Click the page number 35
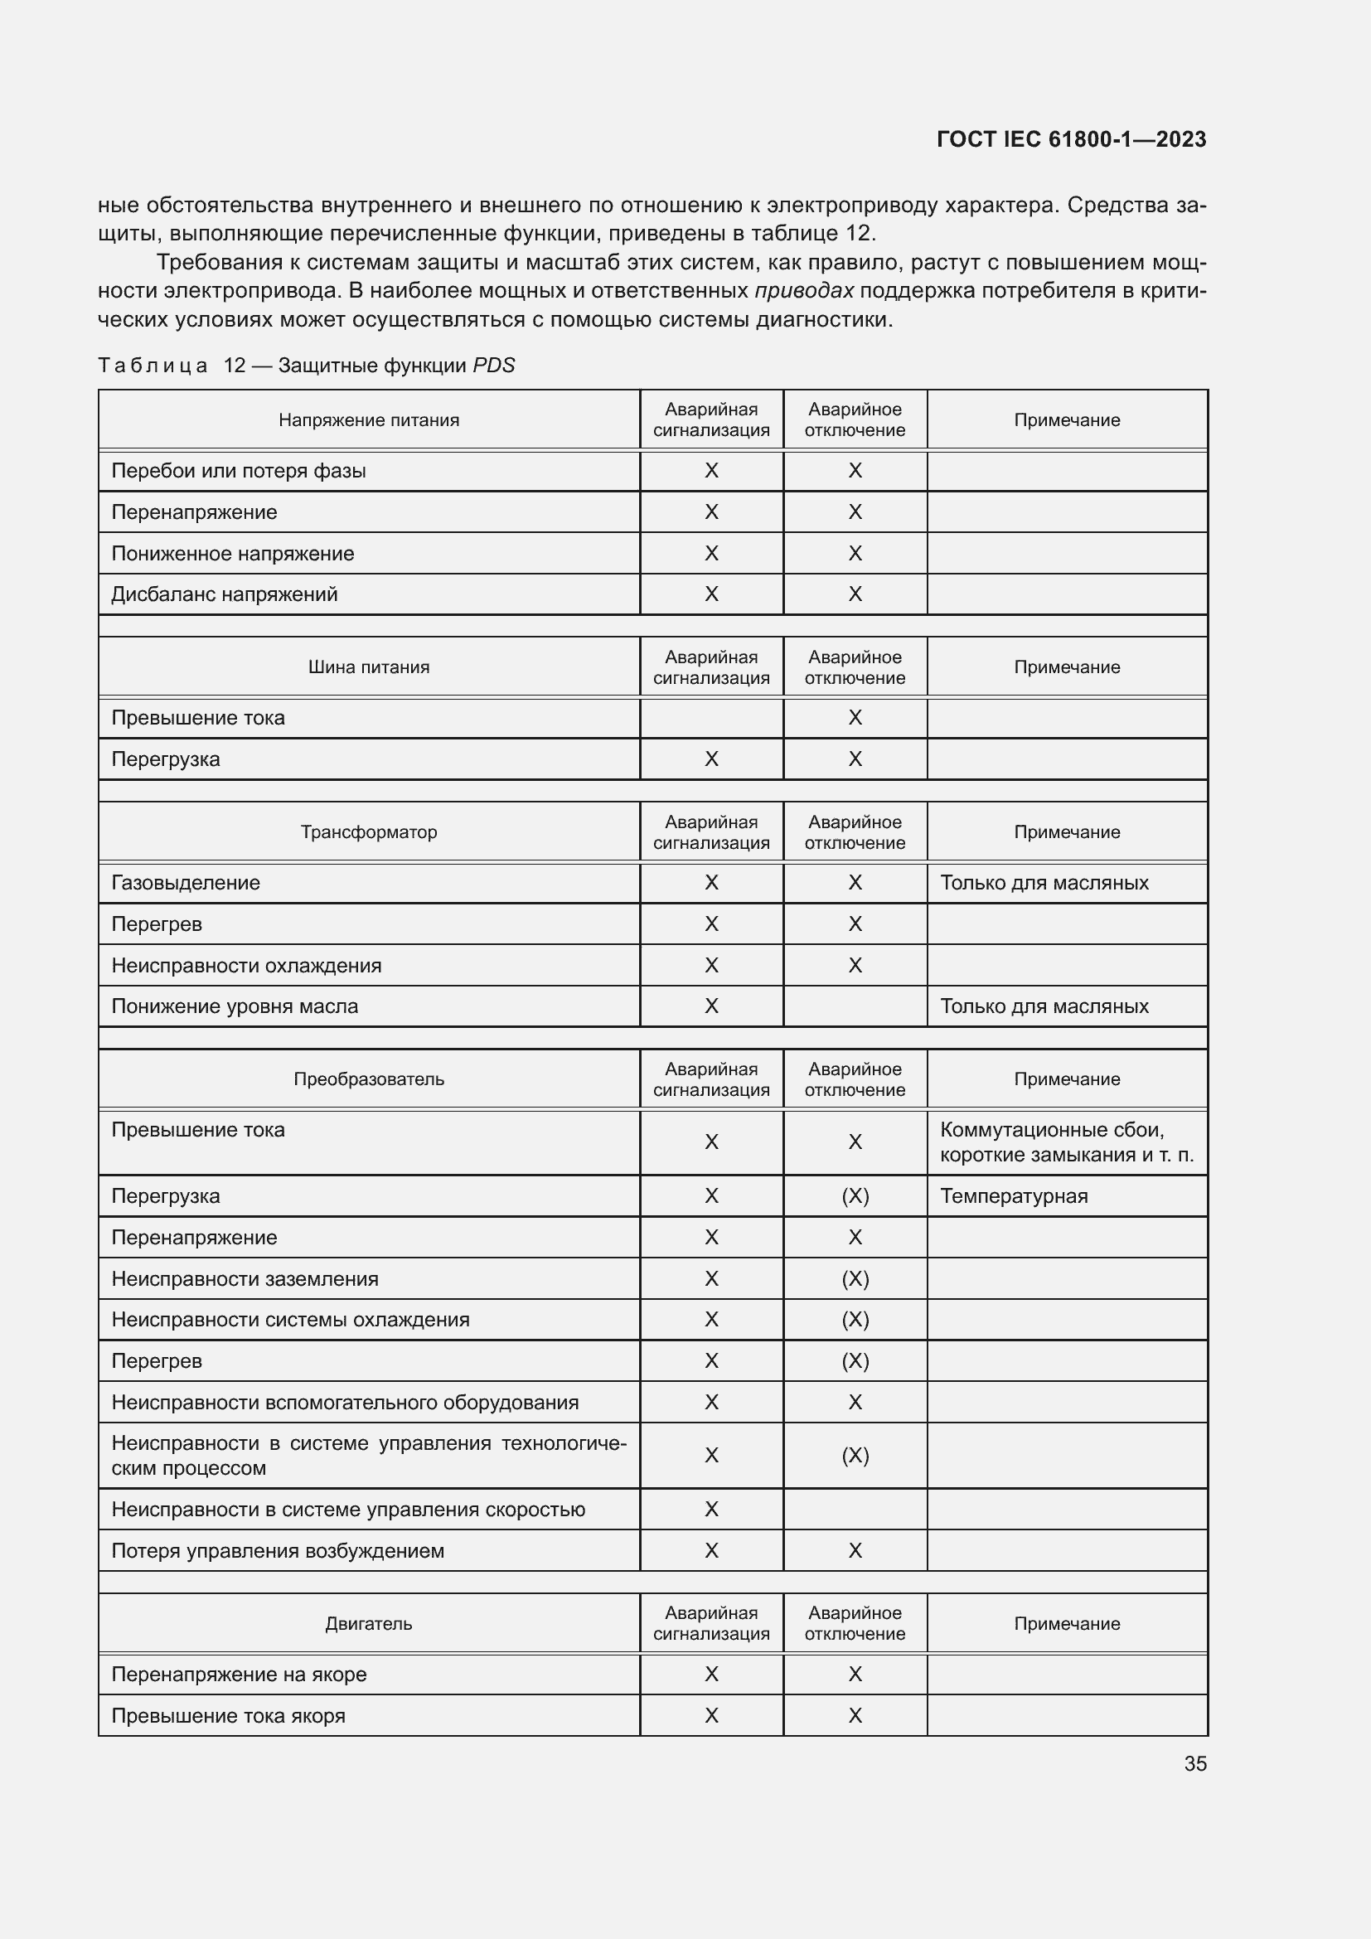pos(1194,1763)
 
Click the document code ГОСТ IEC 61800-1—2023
pos(1070,139)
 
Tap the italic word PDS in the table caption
pos(494,366)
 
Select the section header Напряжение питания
pos(369,419)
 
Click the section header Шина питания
pos(369,667)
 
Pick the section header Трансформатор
pos(369,831)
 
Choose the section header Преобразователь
pos(369,1079)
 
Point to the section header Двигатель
pos(369,1623)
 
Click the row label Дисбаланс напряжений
pos(225,594)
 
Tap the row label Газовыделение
pos(186,883)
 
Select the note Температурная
pos(1014,1196)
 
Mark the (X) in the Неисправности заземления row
pos(855,1278)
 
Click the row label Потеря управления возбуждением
pos(278,1550)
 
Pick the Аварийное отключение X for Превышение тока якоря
pos(855,1715)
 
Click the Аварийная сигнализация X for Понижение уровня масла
pos(712,1006)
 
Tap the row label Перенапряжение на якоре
pos(239,1674)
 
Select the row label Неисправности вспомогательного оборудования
pos(345,1402)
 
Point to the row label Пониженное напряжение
pos(233,553)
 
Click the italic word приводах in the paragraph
pos(804,291)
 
